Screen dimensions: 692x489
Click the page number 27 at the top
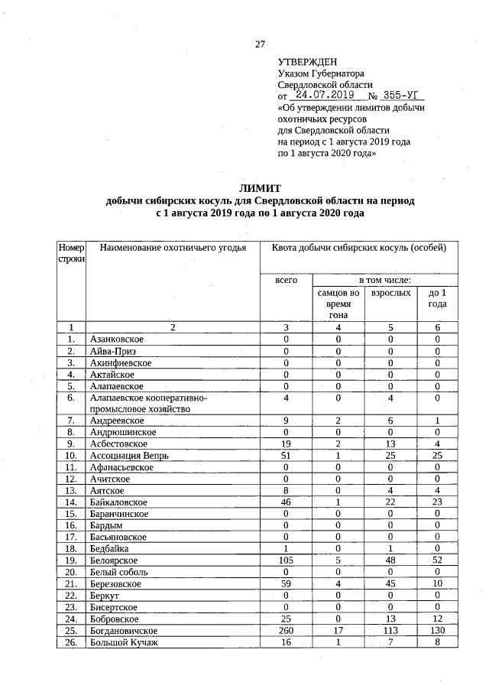click(260, 44)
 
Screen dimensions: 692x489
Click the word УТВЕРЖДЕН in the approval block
click(306, 61)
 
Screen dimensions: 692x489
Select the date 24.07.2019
click(324, 96)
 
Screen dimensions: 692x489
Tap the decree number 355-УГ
click(402, 96)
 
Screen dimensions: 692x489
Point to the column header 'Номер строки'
click(71, 253)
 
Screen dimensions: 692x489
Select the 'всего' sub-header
click(286, 281)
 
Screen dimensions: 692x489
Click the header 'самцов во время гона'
click(338, 304)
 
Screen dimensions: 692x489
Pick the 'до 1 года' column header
click(438, 298)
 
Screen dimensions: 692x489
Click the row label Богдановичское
click(124, 630)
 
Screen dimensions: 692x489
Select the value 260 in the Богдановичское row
click(286, 630)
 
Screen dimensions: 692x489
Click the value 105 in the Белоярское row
click(286, 560)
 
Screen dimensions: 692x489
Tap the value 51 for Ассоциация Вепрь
click(286, 456)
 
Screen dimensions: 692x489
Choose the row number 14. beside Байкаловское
click(71, 502)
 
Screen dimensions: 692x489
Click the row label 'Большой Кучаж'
click(123, 642)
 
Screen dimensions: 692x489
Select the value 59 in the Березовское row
click(286, 583)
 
